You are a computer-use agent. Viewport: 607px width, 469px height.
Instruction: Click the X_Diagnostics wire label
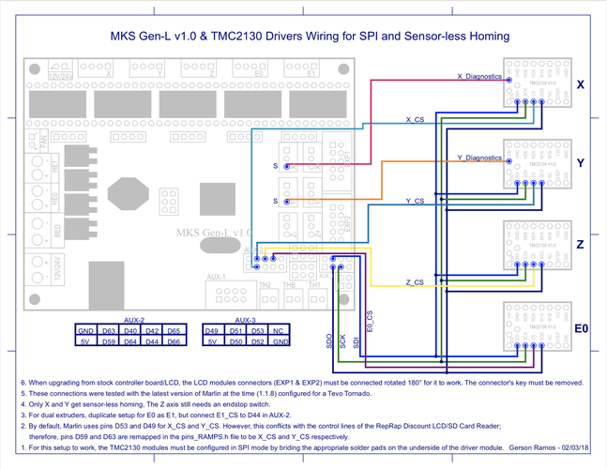tap(479, 76)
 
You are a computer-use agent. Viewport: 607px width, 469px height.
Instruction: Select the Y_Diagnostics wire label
tap(478, 157)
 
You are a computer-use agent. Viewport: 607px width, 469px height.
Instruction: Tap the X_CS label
tap(414, 120)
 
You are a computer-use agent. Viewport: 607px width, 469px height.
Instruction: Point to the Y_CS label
tap(414, 201)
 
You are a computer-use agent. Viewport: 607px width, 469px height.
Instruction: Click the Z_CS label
tap(414, 281)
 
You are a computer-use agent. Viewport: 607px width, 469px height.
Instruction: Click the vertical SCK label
tap(342, 342)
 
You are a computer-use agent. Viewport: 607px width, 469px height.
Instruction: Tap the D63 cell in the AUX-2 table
tap(108, 331)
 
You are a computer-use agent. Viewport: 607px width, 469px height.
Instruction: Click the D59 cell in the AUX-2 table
tap(108, 342)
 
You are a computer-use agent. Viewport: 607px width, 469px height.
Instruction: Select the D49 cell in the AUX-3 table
tap(213, 331)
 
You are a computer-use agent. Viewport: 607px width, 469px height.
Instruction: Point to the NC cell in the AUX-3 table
tap(279, 331)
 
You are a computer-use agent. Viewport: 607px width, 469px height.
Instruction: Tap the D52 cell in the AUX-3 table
tap(257, 342)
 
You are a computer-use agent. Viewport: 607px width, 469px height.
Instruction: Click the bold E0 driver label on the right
tap(581, 328)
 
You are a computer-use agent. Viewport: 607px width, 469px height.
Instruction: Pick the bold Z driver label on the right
tap(581, 244)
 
